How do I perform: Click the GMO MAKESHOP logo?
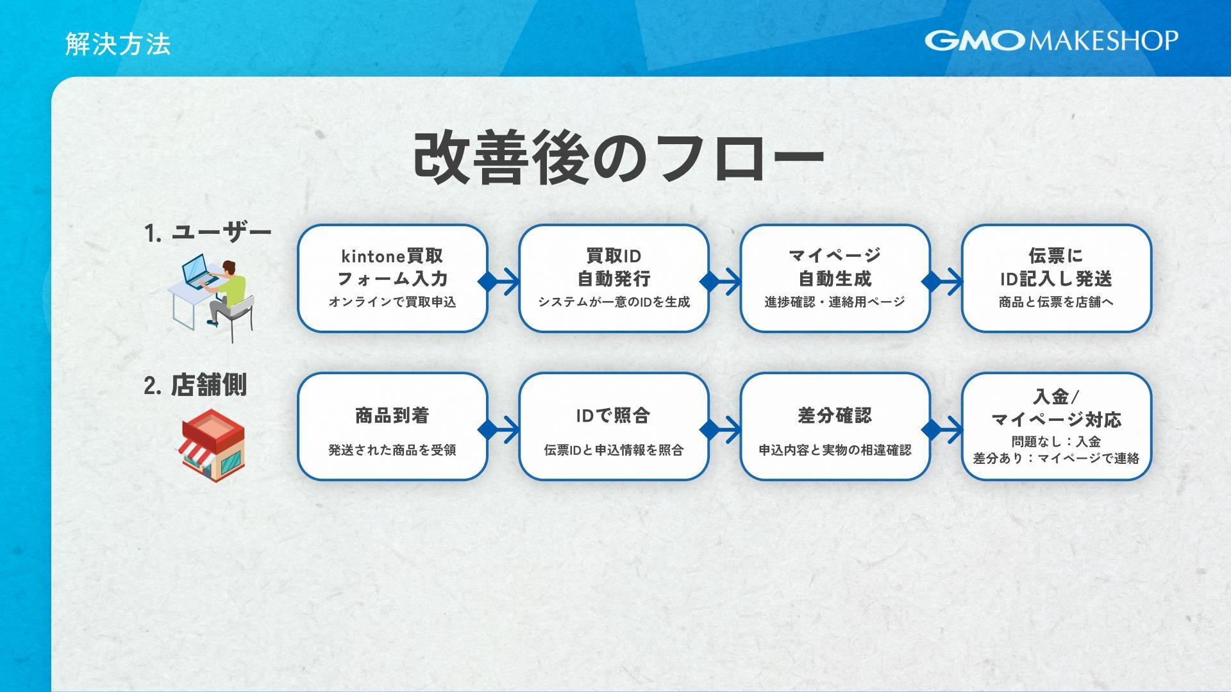1051,40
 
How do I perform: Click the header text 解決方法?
118,44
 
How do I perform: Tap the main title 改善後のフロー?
618,158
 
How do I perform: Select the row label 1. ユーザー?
208,233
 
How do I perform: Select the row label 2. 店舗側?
195,386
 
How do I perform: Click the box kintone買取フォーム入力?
392,277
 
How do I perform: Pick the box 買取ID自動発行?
614,277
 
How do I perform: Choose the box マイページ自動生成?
835,277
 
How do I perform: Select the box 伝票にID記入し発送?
1056,277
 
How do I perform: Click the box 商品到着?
392,426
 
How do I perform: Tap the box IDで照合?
614,426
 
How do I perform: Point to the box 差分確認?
835,426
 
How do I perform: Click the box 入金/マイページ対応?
1056,426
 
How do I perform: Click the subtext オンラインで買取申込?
392,302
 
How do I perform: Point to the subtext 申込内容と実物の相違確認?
835,450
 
